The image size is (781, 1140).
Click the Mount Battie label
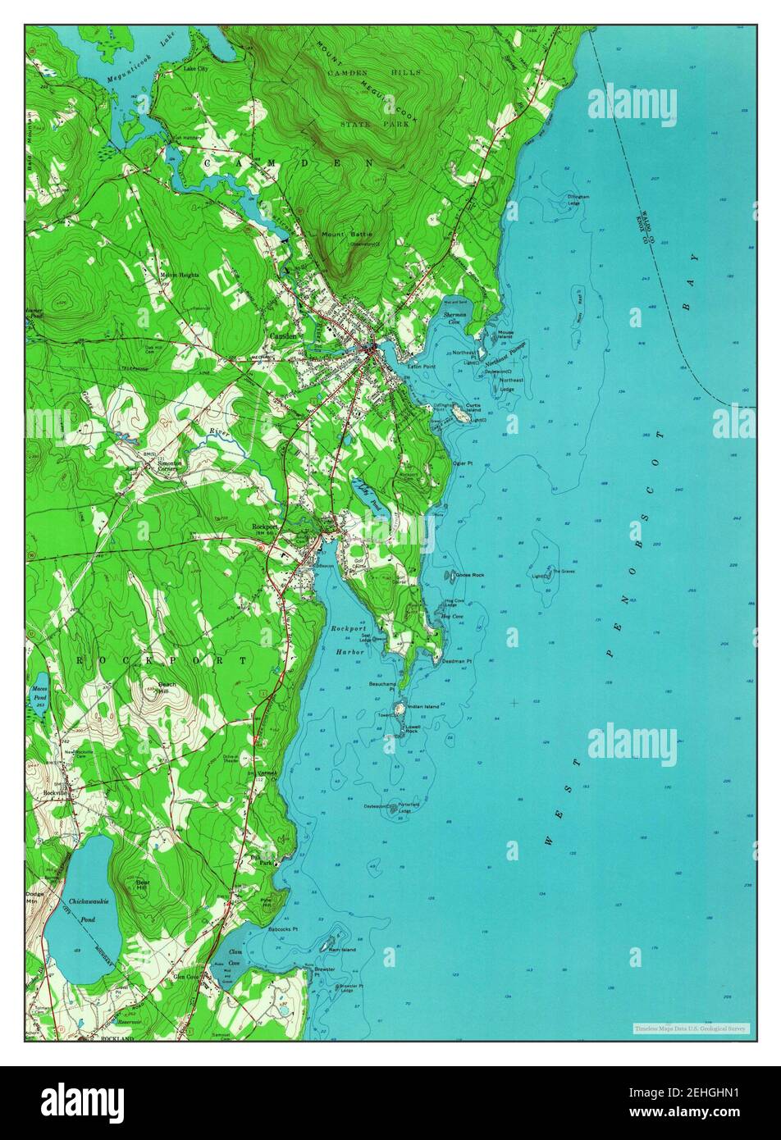(339, 235)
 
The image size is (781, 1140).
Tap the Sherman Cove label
(454, 318)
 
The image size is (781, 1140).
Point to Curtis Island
(463, 417)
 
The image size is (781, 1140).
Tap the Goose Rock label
(470, 575)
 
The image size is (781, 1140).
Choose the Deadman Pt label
(457, 660)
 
